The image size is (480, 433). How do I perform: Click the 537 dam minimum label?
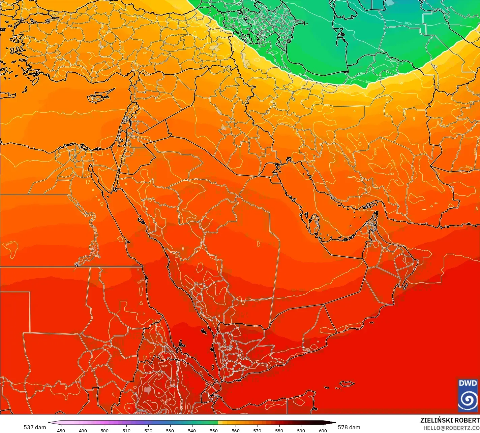click(x=35, y=427)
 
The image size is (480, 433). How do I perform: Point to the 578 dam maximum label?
click(x=349, y=427)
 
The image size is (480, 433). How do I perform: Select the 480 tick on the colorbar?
click(x=61, y=430)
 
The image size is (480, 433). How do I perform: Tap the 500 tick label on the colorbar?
click(x=104, y=430)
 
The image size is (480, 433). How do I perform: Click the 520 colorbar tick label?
click(x=148, y=430)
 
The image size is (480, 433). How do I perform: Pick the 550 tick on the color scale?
click(x=214, y=430)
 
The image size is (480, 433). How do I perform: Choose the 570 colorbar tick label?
click(x=257, y=430)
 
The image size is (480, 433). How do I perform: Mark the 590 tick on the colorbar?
click(x=301, y=430)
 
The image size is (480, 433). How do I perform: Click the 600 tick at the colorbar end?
click(x=323, y=430)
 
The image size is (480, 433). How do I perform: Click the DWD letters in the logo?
click(x=468, y=383)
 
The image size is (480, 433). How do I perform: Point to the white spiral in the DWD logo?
click(x=468, y=399)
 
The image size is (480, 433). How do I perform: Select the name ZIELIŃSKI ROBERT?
click(x=450, y=420)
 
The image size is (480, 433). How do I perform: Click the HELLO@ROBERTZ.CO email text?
click(x=451, y=428)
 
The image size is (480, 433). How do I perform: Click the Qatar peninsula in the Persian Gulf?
click(x=315, y=225)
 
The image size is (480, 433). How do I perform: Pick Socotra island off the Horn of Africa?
click(x=347, y=384)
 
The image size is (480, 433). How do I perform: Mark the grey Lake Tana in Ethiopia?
click(x=147, y=390)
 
